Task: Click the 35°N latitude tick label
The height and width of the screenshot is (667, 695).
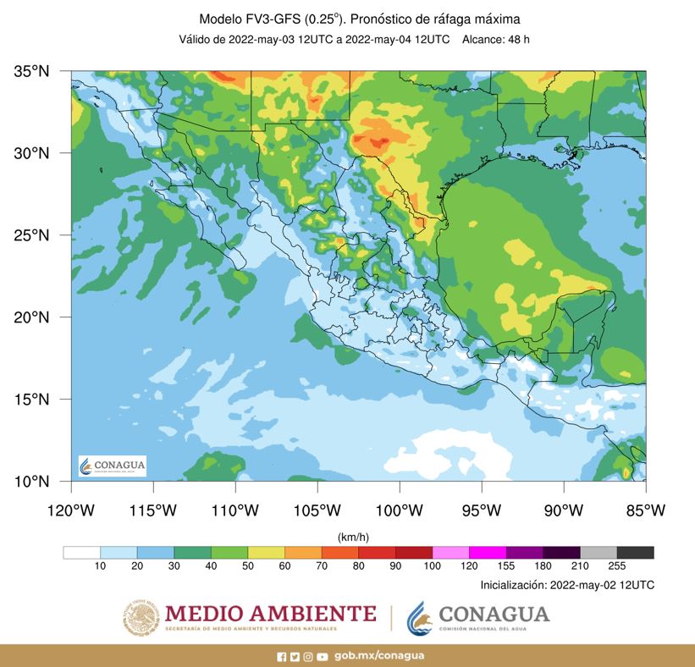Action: point(32,72)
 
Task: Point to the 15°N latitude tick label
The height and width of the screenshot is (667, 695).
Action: point(32,399)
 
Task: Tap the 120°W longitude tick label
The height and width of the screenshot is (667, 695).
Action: point(70,510)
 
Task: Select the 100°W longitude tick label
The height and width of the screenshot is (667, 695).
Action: point(399,510)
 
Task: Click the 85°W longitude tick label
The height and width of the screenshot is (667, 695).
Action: point(645,510)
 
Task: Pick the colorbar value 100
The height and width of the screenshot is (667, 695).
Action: point(433,566)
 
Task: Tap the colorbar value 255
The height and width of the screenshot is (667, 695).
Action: point(616,566)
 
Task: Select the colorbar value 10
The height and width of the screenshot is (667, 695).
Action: point(100,566)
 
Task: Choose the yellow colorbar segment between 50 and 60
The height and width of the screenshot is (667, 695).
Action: point(266,553)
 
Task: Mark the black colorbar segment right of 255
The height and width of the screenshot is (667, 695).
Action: point(635,553)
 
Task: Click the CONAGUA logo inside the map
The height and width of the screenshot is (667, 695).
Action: point(112,466)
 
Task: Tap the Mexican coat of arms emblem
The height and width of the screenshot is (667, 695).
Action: point(141,617)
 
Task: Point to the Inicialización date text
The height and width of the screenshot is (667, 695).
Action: point(566,585)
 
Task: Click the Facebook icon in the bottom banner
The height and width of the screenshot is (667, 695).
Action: point(282,656)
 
